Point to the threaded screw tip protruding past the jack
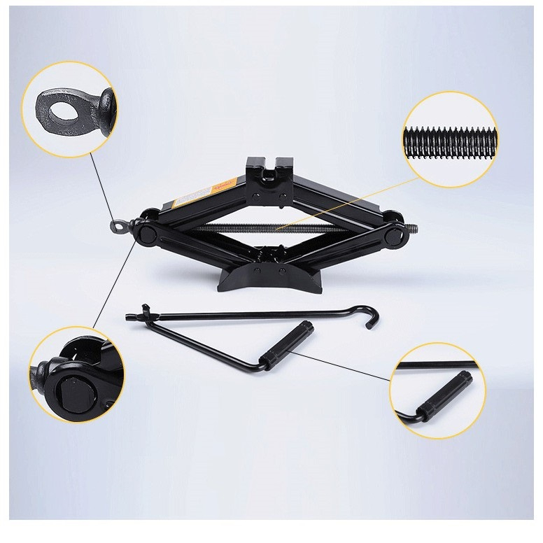click(x=412, y=229)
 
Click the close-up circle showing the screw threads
click(x=450, y=140)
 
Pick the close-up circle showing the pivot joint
click(x=76, y=374)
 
